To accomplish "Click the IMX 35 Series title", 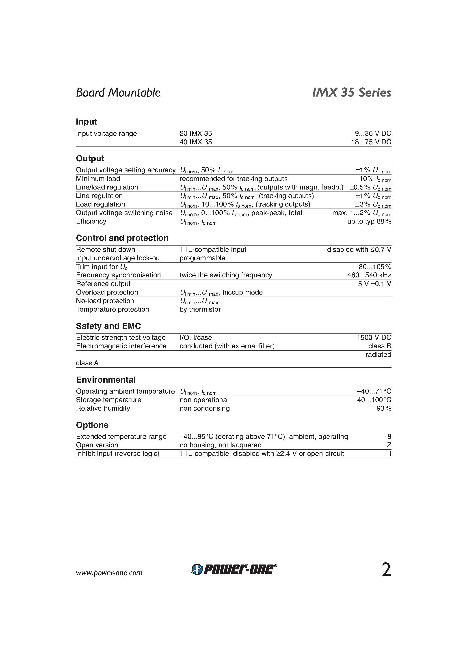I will (352, 93).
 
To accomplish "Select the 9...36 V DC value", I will (373, 134).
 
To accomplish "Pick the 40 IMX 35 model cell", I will (196, 142).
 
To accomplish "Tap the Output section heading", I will (90, 158).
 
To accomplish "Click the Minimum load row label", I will (98, 179).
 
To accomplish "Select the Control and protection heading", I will (122, 238).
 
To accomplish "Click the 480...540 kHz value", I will (369, 275).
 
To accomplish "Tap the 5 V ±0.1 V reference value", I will (374, 284).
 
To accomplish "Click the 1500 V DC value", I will (374, 338).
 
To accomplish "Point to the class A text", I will (87, 363).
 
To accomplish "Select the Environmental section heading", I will (106, 380).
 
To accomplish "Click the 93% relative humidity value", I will (384, 409).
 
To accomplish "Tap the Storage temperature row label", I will (108, 400).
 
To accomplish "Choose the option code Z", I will (389, 445).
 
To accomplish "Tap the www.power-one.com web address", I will (109, 573).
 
